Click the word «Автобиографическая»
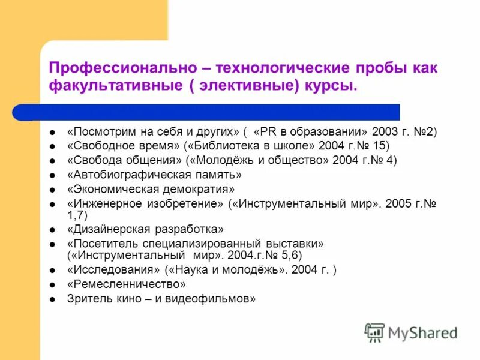pos(134,175)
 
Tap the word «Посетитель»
pos(103,244)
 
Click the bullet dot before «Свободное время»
pos(53,146)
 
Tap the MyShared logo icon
pos(375,332)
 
